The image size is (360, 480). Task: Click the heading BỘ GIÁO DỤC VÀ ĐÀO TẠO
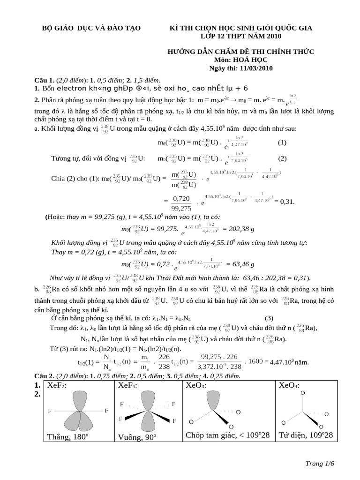click(91, 29)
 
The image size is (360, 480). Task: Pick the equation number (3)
click(269, 318)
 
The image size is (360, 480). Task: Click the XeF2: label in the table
click(57, 385)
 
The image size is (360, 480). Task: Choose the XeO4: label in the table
click(289, 385)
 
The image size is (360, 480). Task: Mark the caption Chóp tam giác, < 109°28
click(227, 435)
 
